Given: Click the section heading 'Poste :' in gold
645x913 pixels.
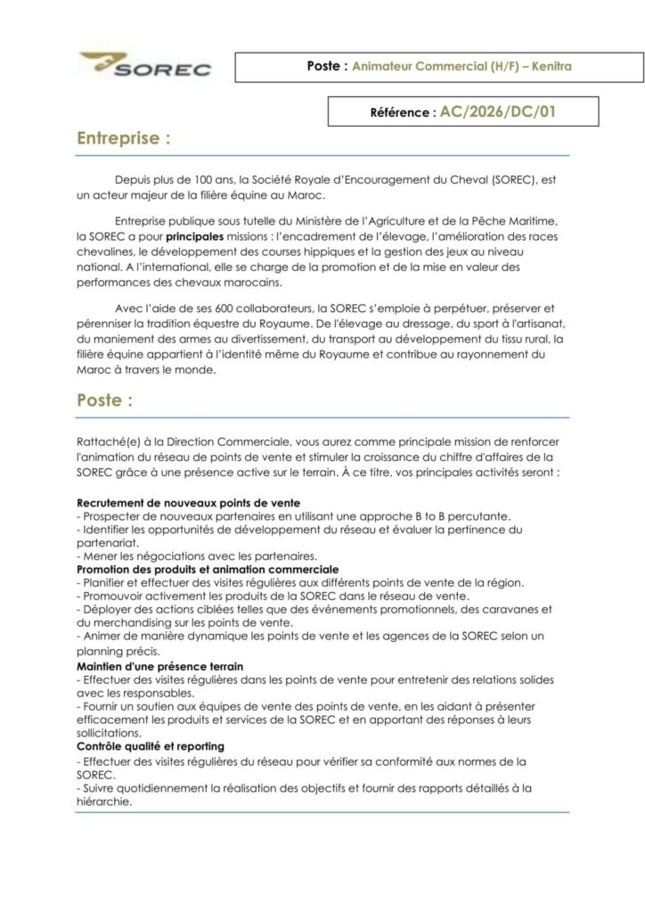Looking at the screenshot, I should [x=105, y=400].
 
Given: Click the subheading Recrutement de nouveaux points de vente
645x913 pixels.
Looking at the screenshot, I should [x=189, y=503].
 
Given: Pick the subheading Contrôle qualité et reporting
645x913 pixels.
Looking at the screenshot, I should [x=151, y=745].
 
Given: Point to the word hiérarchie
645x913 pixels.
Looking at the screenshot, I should [x=105, y=801].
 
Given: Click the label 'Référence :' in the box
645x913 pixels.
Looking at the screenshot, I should [x=403, y=113].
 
